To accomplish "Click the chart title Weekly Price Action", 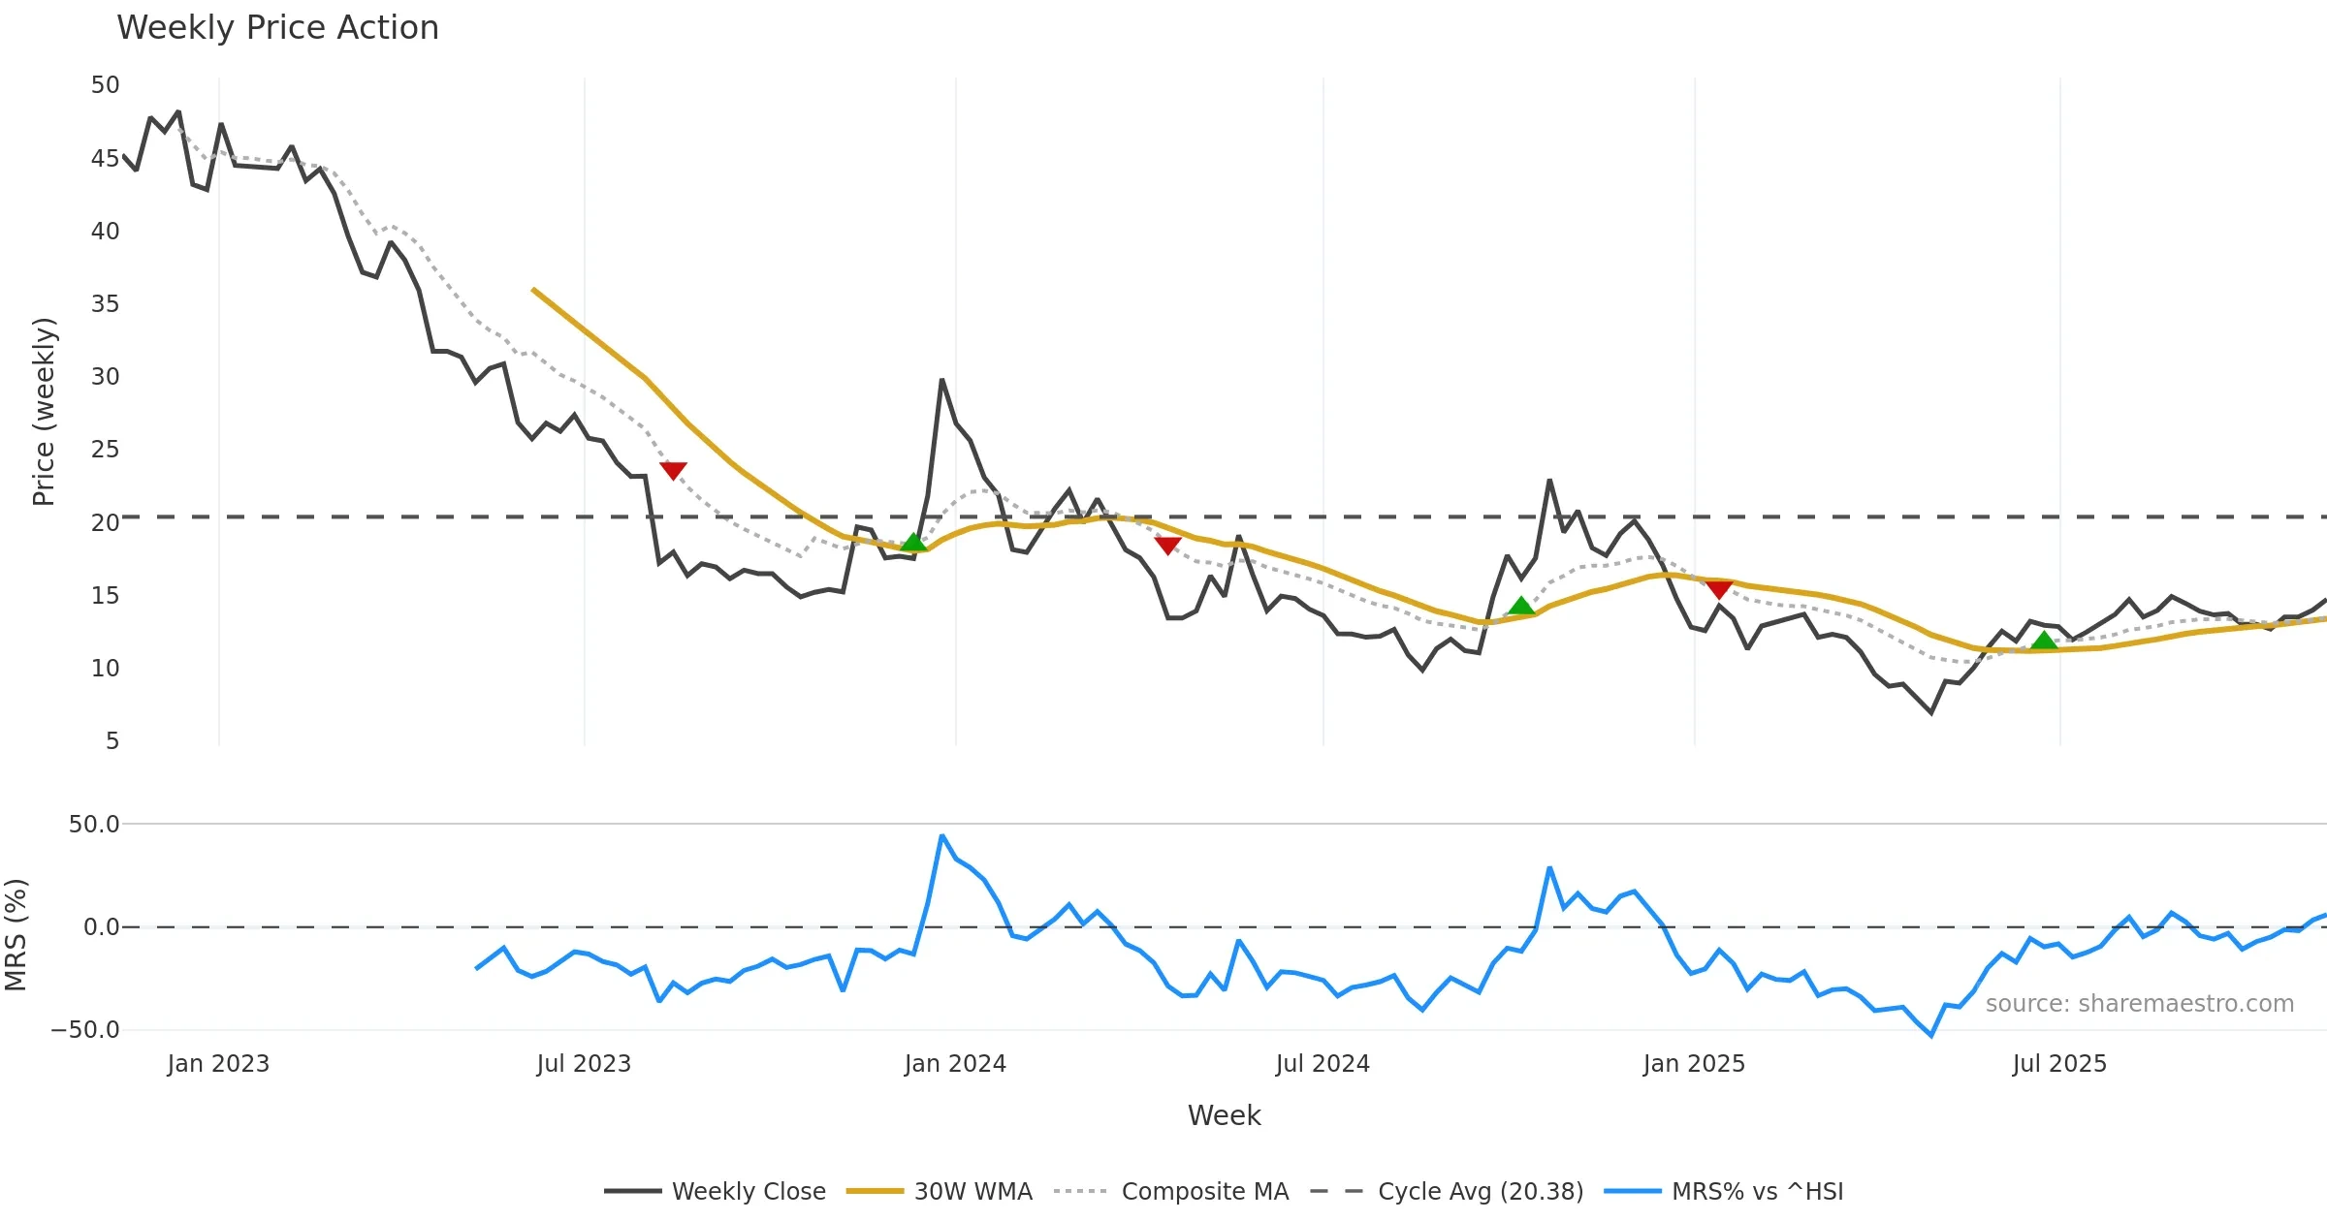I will click(277, 28).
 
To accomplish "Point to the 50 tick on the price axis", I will click(105, 85).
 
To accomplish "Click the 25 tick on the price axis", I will click(105, 450).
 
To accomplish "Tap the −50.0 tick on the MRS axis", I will click(85, 1030).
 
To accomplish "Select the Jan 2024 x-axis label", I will click(955, 1064).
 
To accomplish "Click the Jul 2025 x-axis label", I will click(2059, 1064).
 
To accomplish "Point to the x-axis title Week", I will click(1224, 1116).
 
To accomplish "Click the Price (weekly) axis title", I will click(44, 412).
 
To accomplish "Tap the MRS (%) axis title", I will click(16, 935).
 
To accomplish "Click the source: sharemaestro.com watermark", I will click(2139, 1004).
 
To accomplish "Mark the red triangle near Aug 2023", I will click(673, 470).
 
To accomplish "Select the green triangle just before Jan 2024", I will click(913, 542).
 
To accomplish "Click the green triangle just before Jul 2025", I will click(2044, 641).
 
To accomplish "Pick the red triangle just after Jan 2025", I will click(1719, 589).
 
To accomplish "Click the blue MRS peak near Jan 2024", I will click(941, 835).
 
